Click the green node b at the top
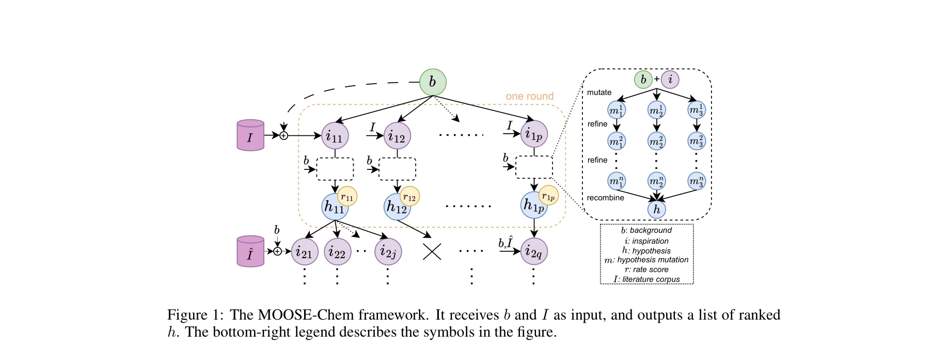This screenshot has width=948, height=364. pos(432,82)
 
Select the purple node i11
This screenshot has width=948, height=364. pos(335,136)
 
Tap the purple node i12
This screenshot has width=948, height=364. pos(397,136)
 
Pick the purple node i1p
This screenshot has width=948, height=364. pos(534,134)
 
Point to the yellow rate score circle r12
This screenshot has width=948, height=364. pos(409,197)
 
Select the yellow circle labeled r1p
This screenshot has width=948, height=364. pos(548,196)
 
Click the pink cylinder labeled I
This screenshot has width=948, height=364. pos(250,136)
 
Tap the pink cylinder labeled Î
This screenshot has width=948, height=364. pos(250,251)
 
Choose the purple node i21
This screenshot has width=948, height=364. pos(305,252)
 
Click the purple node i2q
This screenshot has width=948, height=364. pos(534,251)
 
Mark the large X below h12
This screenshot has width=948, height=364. pos(432,251)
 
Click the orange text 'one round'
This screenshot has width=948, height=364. pos(529,97)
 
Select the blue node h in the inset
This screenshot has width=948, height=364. pos(657,209)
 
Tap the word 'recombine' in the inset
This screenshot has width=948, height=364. pos(605,198)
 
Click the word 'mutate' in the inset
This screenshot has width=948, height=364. pos(599,92)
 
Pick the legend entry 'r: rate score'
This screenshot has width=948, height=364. pos(646,270)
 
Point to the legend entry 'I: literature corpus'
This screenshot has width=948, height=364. pos(646,279)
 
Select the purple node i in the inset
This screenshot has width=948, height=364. pos(670,80)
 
